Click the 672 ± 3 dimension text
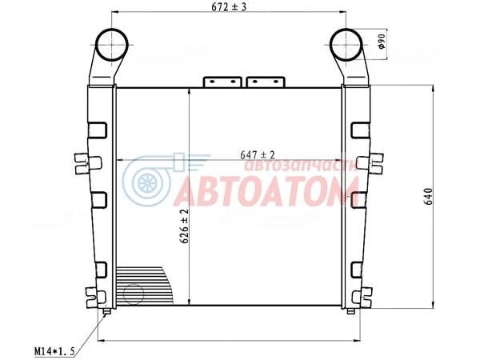(229, 7)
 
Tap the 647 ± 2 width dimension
(258, 155)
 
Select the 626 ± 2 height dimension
(184, 226)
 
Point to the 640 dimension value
(429, 196)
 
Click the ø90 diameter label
(382, 42)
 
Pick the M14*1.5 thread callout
(54, 351)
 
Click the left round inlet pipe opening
(112, 45)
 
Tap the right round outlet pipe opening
(346, 45)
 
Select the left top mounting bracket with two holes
(222, 82)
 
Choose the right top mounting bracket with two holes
(266, 82)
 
